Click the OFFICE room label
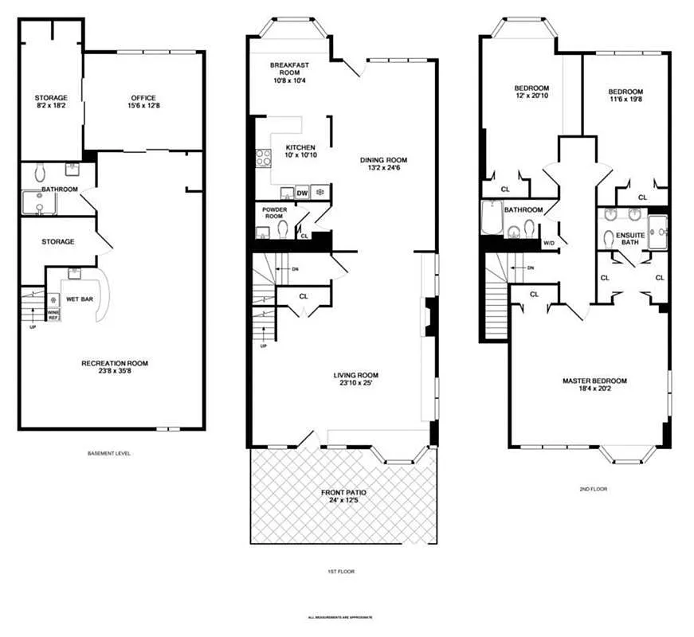click(x=143, y=98)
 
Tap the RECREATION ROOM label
click(x=115, y=363)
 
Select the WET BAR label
click(x=78, y=299)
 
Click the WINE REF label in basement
click(x=53, y=315)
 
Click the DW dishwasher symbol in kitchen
click(x=302, y=193)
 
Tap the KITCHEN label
click(x=300, y=147)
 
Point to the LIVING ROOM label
click(x=355, y=375)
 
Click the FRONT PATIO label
click(x=344, y=493)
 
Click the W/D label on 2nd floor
click(x=549, y=242)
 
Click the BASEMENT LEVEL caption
click(x=109, y=453)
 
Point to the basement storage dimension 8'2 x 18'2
click(x=50, y=106)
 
